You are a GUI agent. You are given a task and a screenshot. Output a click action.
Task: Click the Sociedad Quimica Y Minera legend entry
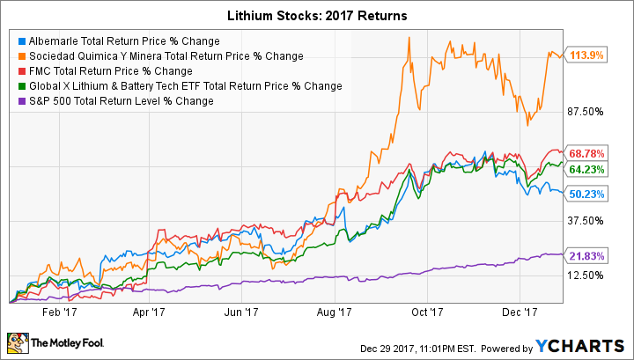tap(159, 56)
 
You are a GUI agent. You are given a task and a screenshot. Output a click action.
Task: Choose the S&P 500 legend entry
tap(115, 101)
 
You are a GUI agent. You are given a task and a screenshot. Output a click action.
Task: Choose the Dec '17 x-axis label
tap(520, 311)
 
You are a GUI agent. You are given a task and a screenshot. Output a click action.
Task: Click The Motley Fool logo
tap(52, 341)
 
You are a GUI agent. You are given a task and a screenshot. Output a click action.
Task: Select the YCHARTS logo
tap(594, 342)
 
